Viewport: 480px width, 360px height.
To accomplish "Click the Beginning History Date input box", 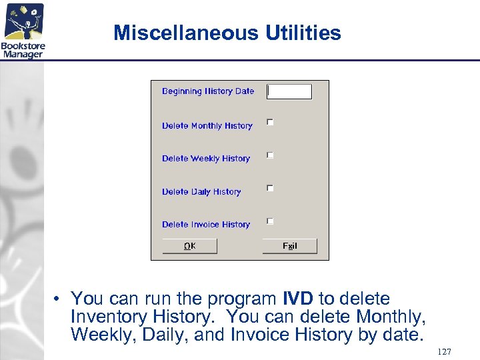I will [289, 91].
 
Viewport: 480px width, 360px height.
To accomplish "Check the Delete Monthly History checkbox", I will [270, 122].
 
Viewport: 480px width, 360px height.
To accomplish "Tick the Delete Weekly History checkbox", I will [270, 155].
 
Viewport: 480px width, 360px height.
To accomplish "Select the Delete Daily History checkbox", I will [270, 188].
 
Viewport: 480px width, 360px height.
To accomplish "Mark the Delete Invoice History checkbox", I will [270, 221].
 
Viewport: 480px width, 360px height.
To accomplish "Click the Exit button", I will [289, 246].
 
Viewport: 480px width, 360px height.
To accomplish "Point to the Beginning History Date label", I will [208, 91].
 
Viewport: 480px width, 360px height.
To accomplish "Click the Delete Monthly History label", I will [207, 126].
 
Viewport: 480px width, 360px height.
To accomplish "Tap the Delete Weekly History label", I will [206, 159].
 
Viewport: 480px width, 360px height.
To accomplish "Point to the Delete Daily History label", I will [201, 192].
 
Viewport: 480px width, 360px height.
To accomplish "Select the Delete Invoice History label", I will [206, 225].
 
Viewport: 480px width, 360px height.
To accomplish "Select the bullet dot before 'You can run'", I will [59, 299].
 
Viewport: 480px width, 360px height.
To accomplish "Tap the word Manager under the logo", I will [23, 54].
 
